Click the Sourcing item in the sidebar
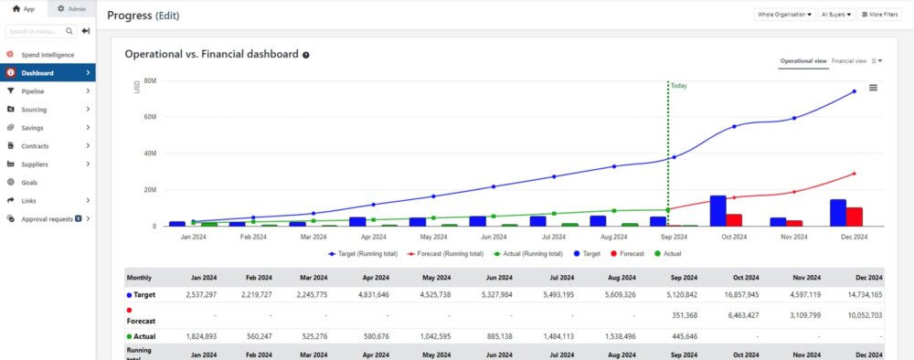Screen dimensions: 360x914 click(34, 110)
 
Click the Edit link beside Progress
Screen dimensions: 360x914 click(167, 16)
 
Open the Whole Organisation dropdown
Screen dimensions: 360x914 click(784, 15)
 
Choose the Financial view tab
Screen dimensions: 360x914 click(849, 61)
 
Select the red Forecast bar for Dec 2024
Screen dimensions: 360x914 click(854, 217)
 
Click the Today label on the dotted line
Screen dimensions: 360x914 click(678, 86)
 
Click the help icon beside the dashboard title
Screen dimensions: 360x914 click(306, 55)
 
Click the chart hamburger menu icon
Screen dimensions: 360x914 click(873, 88)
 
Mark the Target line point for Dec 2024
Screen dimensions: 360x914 click(854, 91)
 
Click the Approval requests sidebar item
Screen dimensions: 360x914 click(47, 219)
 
